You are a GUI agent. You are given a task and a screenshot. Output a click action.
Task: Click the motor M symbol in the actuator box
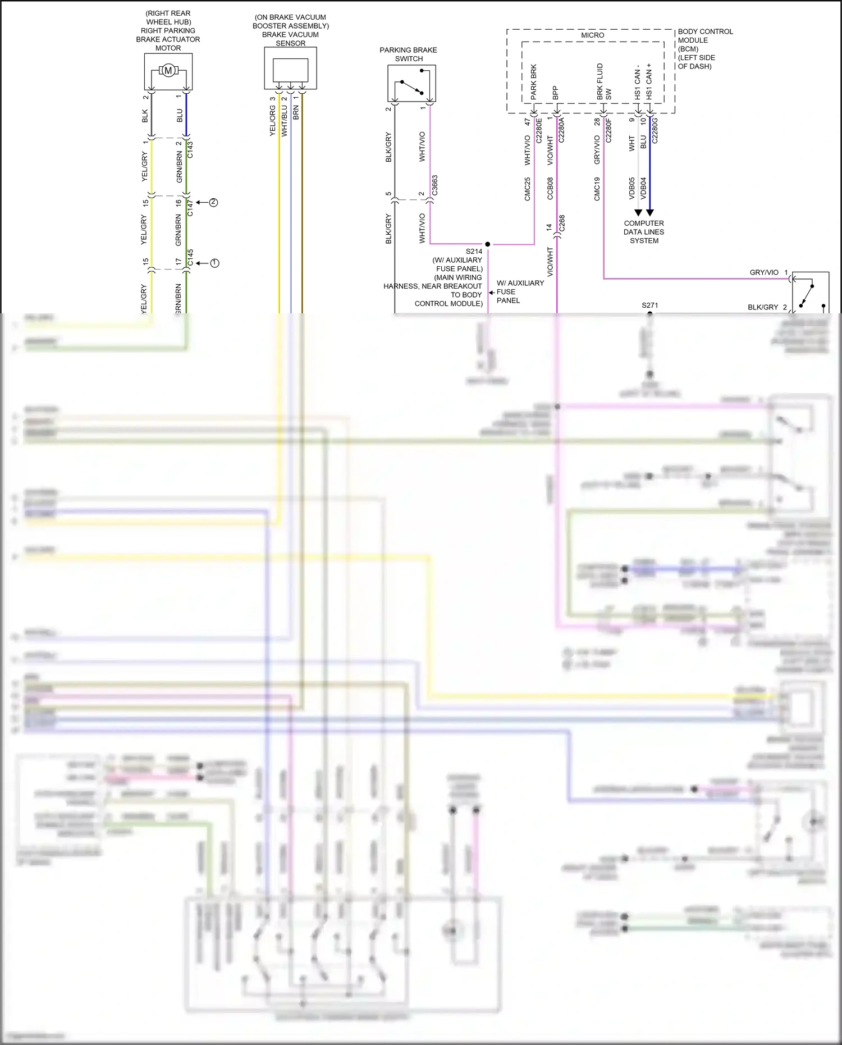[168, 71]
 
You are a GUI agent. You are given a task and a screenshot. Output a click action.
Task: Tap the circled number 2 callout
[213, 202]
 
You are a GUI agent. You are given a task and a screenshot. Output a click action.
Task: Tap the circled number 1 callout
[214, 263]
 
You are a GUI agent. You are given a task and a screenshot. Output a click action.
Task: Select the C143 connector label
[190, 149]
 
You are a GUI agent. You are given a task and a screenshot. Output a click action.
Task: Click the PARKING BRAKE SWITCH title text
[408, 54]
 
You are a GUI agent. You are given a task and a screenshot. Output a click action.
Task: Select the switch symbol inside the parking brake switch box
[411, 84]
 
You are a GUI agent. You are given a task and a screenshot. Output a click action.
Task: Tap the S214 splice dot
[487, 244]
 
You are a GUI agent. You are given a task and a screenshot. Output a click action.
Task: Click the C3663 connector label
[434, 186]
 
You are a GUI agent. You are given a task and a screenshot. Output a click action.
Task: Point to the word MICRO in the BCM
[592, 35]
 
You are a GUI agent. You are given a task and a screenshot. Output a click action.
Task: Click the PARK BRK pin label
[533, 82]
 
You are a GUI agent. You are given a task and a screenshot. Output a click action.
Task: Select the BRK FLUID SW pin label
[603, 82]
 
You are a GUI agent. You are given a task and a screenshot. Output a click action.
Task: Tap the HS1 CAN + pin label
[649, 82]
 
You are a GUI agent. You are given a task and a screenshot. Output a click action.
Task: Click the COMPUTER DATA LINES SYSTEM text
[644, 231]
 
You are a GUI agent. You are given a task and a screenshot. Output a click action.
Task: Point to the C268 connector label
[562, 223]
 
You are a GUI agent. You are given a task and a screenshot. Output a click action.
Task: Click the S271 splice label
[649, 305]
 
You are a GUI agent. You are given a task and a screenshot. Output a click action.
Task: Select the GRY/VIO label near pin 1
[763, 272]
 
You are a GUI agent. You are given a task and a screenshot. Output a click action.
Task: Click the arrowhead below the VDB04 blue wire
[650, 213]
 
